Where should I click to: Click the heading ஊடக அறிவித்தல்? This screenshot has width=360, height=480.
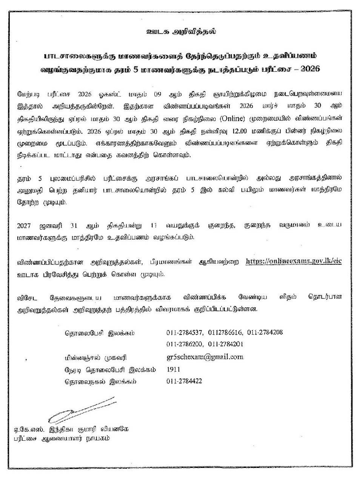tap(181, 32)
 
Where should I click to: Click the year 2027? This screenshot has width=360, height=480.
tap(24, 225)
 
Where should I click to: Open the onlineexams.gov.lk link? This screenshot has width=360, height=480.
tap(293, 261)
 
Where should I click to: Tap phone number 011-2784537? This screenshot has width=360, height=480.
tap(185, 333)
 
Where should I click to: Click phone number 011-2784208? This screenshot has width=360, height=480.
tap(265, 333)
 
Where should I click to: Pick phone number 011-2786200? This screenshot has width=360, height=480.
tap(185, 344)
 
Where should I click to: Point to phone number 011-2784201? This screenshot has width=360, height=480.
tap(225, 344)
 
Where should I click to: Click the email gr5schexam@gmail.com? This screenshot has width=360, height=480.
tap(205, 357)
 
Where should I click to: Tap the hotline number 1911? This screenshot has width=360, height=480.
tap(173, 369)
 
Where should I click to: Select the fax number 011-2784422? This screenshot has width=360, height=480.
tap(184, 381)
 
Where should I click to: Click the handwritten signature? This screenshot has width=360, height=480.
tap(81, 409)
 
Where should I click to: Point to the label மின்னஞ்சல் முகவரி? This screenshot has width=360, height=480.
tap(95, 357)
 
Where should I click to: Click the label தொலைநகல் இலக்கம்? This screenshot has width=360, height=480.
tap(100, 382)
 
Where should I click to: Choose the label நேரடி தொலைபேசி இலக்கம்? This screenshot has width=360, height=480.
tap(110, 370)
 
